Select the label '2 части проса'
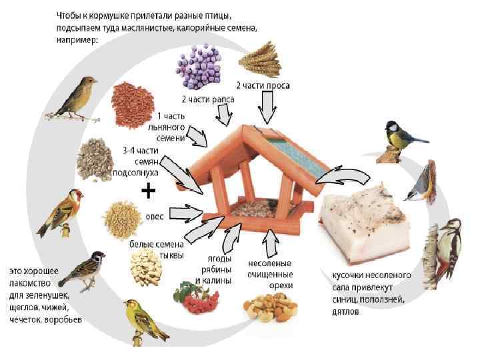(x=263, y=85)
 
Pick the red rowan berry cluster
(x=197, y=301)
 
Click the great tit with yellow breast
(x=401, y=137)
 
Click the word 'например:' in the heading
(x=77, y=39)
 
